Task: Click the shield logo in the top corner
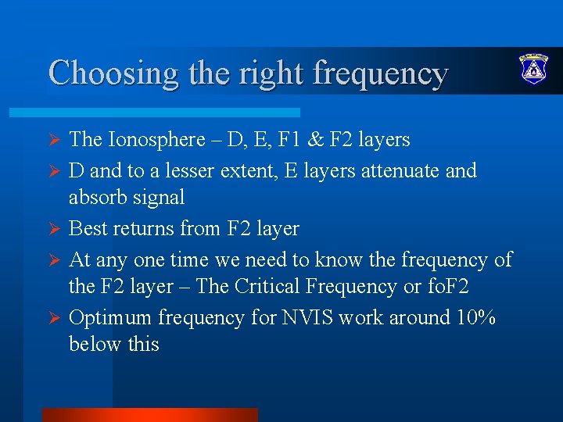534,70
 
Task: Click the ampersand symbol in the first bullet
339,140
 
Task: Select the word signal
161,198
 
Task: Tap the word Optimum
110,317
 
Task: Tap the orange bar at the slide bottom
149,414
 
